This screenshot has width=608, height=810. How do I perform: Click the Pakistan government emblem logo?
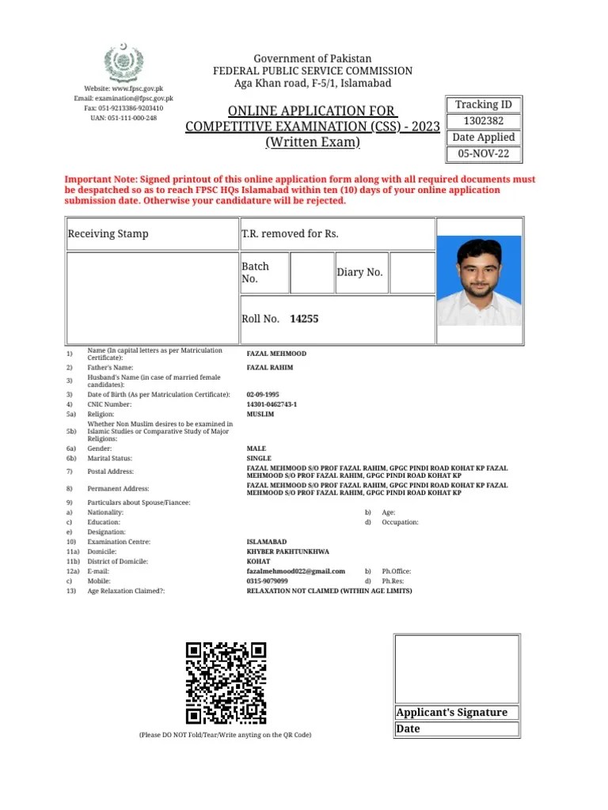point(123,63)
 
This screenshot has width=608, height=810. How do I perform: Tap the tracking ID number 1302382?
point(484,121)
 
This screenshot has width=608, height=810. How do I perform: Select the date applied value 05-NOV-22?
point(484,153)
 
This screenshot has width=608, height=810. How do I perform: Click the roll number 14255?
point(304,319)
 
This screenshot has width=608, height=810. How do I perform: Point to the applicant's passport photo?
point(480,281)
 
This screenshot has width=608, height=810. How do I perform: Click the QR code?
point(226,683)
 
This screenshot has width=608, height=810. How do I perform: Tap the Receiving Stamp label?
point(108,233)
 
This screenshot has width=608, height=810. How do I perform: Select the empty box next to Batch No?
point(312,273)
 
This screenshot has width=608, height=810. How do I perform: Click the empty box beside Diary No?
point(412,273)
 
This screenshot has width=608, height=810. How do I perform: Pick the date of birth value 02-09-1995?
point(263,394)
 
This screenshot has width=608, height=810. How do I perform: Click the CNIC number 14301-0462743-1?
point(272,404)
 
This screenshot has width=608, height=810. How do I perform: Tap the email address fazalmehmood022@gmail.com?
point(295,571)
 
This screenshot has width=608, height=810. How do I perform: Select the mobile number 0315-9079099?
point(268,581)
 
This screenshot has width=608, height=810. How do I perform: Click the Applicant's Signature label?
point(451,712)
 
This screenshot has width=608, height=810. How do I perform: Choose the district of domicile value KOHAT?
point(259,562)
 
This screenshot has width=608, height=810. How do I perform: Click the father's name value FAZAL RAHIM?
point(270,368)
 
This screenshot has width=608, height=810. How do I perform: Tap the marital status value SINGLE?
point(259,458)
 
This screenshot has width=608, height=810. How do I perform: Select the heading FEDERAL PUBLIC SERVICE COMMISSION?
point(313,71)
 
